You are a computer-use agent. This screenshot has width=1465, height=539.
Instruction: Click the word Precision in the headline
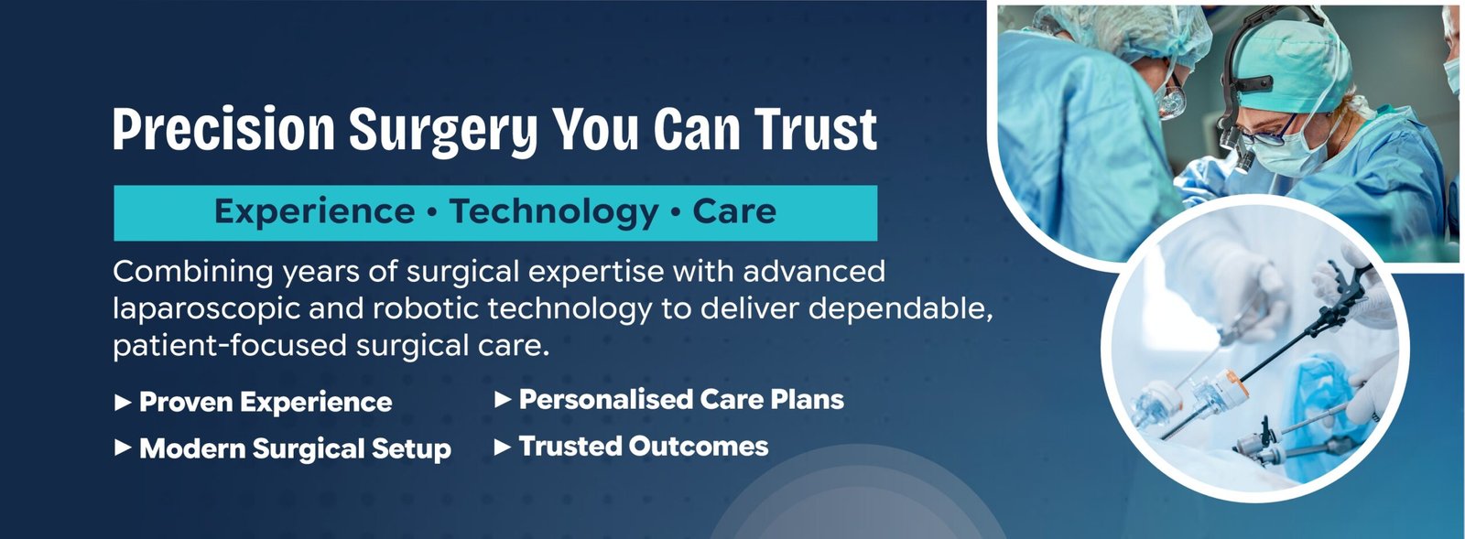click(x=223, y=129)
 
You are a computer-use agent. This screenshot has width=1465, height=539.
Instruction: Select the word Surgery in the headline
click(x=443, y=132)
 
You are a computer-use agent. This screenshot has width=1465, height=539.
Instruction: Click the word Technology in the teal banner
click(x=554, y=212)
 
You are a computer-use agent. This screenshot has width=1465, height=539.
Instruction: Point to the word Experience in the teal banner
click(x=315, y=212)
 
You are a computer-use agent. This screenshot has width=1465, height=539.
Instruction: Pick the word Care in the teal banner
click(x=734, y=211)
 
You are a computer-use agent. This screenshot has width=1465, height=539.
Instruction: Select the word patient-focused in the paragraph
click(x=229, y=346)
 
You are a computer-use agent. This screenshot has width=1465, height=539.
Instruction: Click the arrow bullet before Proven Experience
click(x=123, y=402)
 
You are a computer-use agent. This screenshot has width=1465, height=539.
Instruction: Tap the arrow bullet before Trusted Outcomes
click(x=503, y=447)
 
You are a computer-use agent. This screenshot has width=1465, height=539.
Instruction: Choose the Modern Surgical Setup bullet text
click(x=295, y=449)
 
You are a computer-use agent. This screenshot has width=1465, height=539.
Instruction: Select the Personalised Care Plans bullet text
click(x=681, y=399)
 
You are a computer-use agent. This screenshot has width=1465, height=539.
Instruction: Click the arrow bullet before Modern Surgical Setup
click(x=123, y=448)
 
